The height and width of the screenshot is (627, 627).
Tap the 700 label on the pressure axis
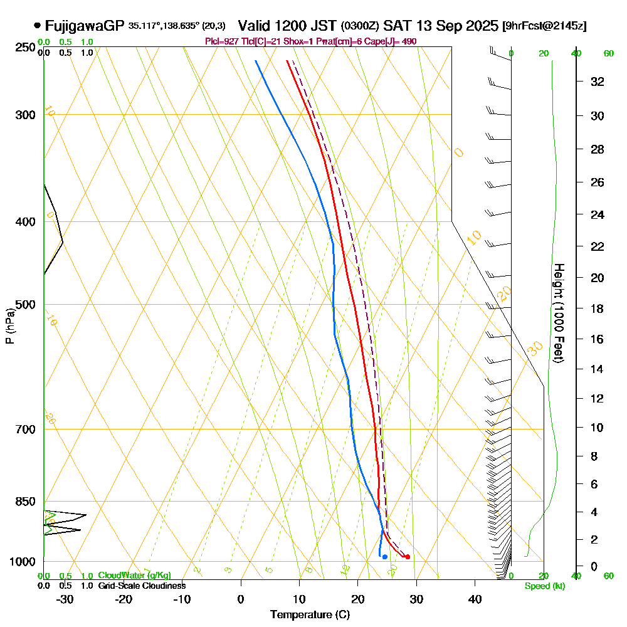[22, 429]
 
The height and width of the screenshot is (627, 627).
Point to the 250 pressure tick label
[22, 47]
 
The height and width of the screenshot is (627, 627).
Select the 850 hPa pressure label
[22, 502]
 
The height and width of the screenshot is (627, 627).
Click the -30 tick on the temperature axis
[65, 599]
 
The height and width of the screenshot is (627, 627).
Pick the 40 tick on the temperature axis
[475, 599]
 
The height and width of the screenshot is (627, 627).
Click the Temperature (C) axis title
[310, 615]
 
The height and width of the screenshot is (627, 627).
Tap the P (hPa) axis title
[9, 325]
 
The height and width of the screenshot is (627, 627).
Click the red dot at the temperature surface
[408, 557]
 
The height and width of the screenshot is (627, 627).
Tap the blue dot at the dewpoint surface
[384, 557]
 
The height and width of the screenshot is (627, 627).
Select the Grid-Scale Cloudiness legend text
[142, 586]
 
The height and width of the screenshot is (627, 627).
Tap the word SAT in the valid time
[396, 26]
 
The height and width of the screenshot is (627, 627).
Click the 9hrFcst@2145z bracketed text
[545, 26]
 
